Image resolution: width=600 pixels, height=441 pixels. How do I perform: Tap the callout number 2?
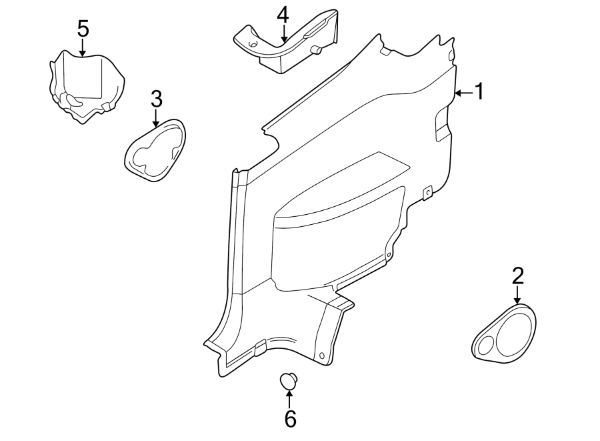click(518, 276)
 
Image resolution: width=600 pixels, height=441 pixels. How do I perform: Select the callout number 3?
click(156, 99)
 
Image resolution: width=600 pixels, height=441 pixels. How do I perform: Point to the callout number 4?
click(283, 15)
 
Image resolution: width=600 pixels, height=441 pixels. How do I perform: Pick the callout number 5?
click(83, 29)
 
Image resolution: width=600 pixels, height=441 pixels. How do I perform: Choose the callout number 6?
click(289, 418)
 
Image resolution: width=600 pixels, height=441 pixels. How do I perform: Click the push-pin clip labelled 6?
click(289, 381)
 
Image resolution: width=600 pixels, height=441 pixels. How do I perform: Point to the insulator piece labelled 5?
click(87, 83)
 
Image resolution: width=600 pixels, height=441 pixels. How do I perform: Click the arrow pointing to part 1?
click(463, 93)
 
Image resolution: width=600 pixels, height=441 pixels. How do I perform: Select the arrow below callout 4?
click(283, 35)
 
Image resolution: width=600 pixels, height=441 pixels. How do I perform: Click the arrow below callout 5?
click(83, 48)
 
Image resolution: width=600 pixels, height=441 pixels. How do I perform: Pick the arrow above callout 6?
click(289, 399)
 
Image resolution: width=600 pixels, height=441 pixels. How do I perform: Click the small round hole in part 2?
click(486, 345)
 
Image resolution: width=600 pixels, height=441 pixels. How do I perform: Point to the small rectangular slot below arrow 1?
click(442, 126)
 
